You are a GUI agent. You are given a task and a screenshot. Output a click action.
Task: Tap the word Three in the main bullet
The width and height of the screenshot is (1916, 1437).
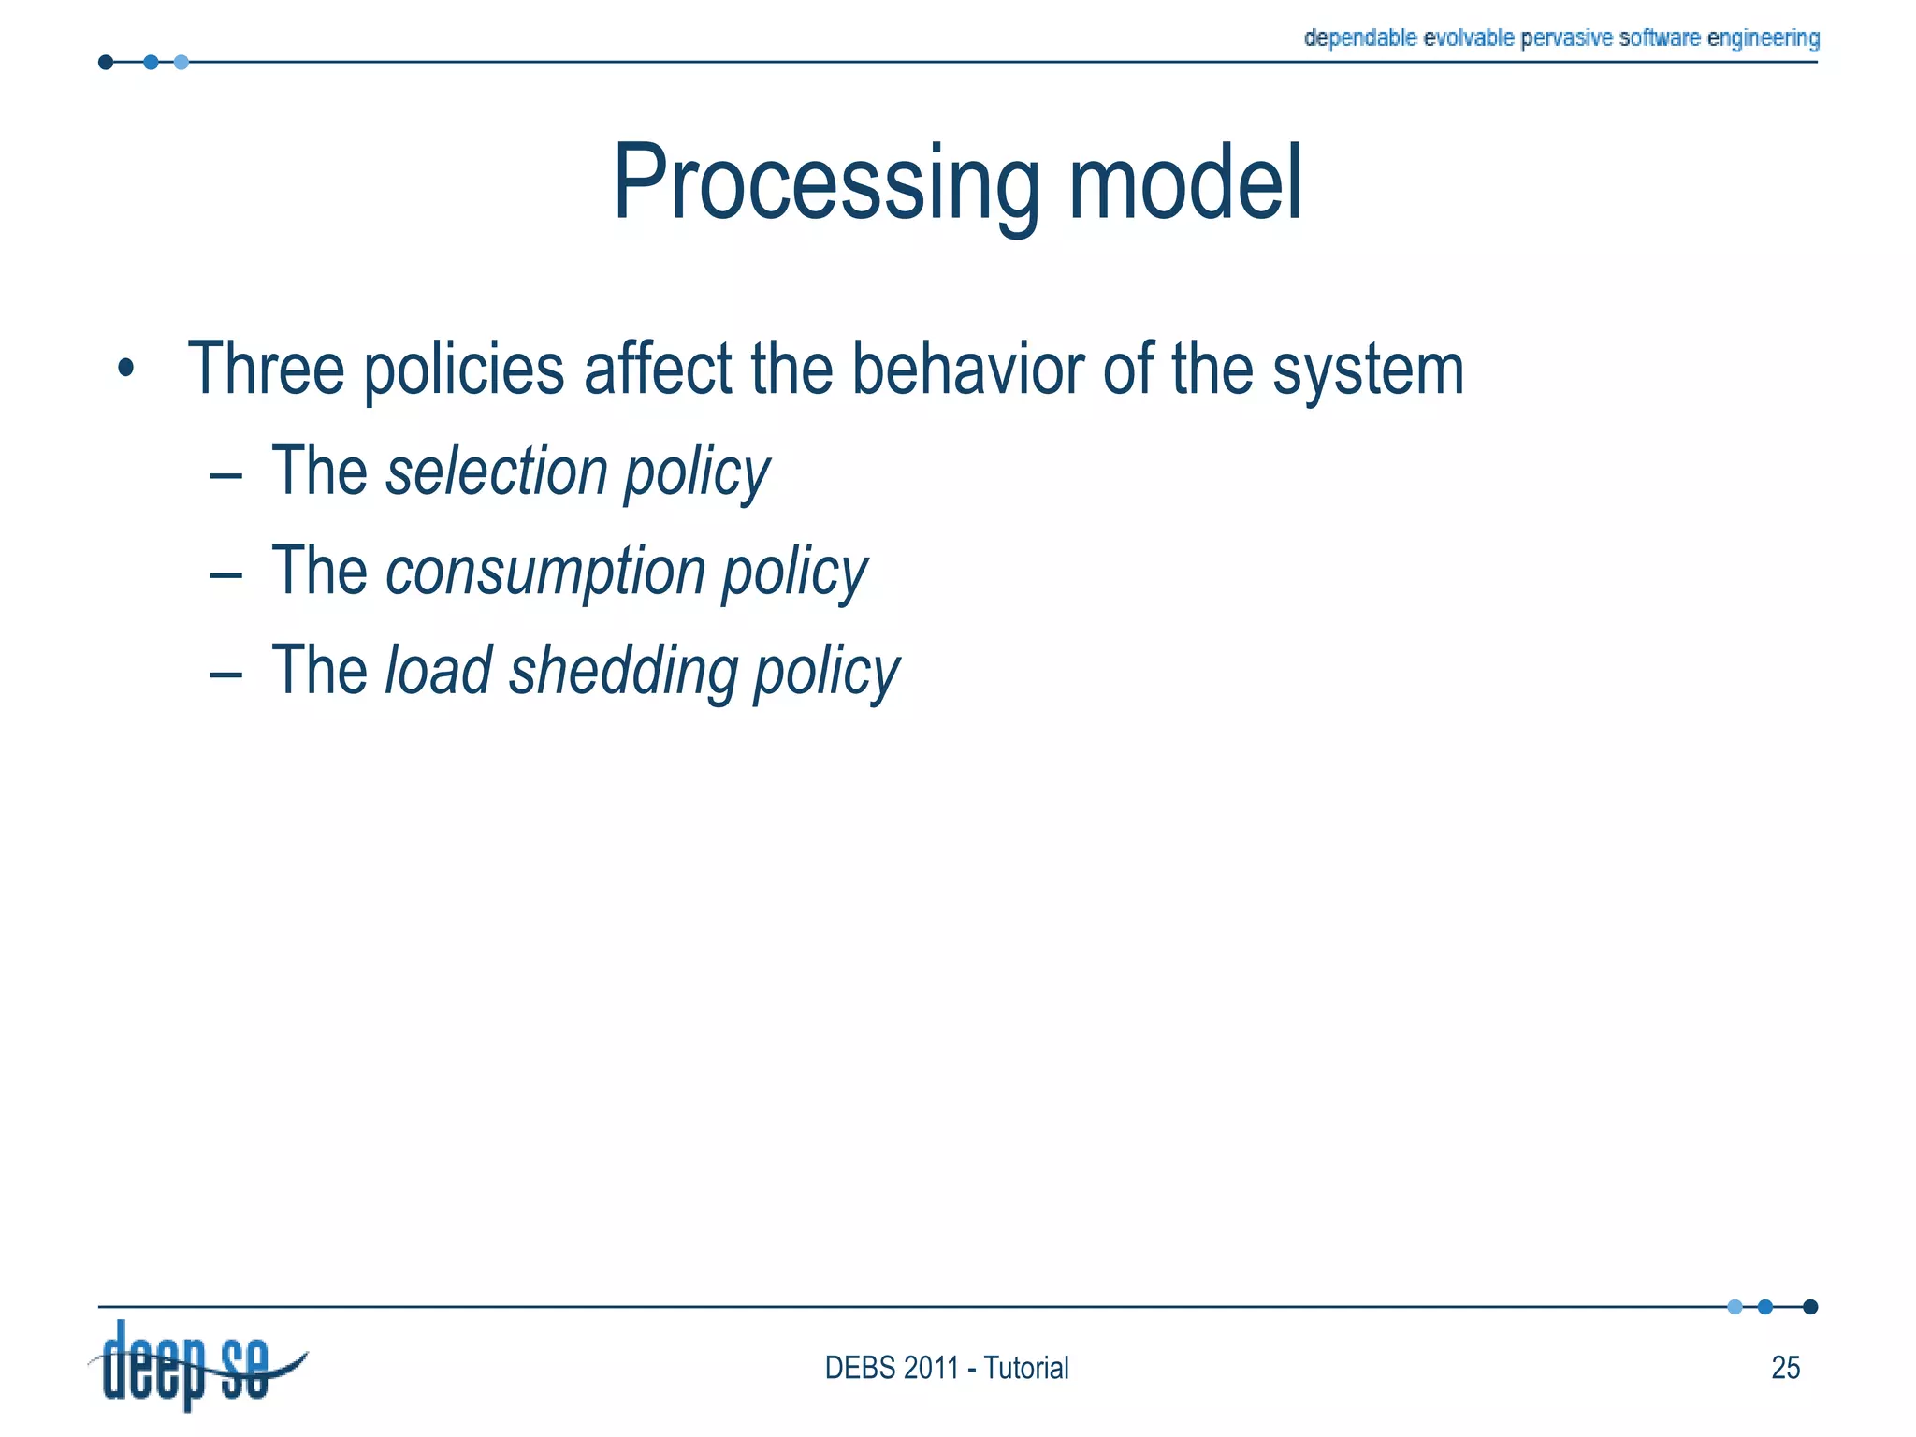pyautogui.click(x=266, y=369)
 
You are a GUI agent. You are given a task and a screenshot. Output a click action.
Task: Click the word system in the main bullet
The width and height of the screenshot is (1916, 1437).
pyautogui.click(x=1368, y=370)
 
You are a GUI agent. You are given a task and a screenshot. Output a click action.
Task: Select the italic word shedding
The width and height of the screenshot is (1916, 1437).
pyautogui.click(x=623, y=671)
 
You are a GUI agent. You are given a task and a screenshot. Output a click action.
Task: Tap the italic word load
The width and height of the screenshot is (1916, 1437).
pyautogui.click(x=439, y=671)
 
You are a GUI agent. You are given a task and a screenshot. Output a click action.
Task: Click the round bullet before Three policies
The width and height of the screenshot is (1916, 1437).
pyautogui.click(x=126, y=369)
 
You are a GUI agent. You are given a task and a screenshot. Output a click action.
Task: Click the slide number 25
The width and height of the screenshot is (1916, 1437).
pyautogui.click(x=1785, y=1368)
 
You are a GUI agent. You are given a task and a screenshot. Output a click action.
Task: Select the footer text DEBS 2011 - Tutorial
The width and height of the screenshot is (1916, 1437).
pyautogui.click(x=946, y=1368)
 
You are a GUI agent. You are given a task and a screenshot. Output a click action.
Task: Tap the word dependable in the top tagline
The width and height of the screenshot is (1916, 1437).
pyautogui.click(x=1361, y=38)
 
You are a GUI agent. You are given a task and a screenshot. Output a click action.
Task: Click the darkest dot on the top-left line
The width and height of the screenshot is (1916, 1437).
pyautogui.click(x=106, y=63)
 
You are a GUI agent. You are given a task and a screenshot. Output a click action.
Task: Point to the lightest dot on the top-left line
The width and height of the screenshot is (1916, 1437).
pyautogui.click(x=181, y=63)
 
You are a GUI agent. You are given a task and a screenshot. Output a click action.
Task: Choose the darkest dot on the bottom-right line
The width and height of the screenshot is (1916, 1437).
pyautogui.click(x=1810, y=1307)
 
